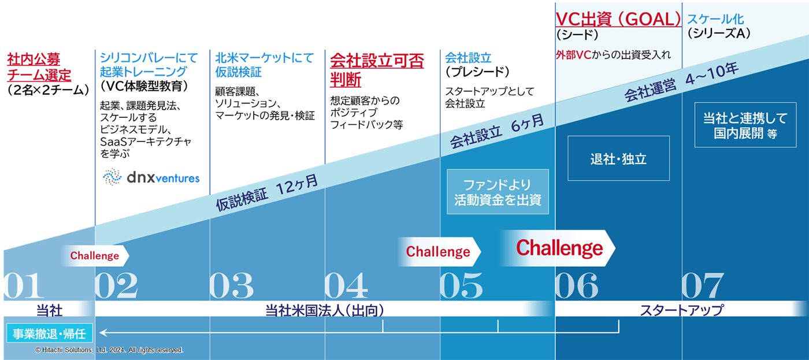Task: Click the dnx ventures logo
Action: (x=151, y=177)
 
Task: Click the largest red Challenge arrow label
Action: (x=559, y=248)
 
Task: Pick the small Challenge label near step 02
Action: (x=95, y=255)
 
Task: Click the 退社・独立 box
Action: (x=618, y=159)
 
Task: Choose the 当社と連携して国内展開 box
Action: (x=745, y=125)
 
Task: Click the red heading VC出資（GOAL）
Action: (x=618, y=20)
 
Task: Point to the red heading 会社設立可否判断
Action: (x=376, y=69)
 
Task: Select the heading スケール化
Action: (x=715, y=19)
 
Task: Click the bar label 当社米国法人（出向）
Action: (x=325, y=310)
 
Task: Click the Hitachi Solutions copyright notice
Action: (x=109, y=350)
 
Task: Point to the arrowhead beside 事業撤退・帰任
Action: (x=103, y=333)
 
